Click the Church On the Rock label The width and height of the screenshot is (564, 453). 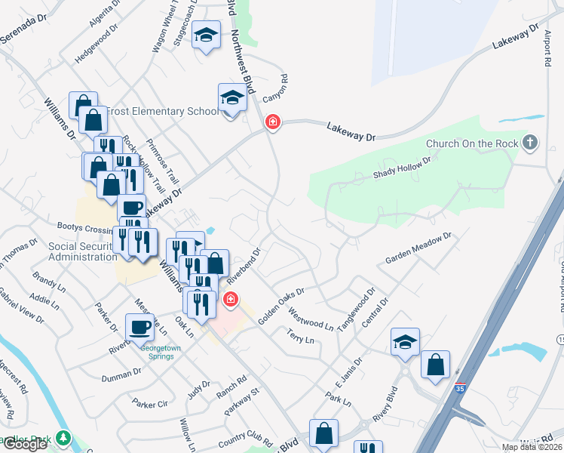pyautogui.click(x=473, y=143)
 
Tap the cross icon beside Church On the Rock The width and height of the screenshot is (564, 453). pyautogui.click(x=530, y=141)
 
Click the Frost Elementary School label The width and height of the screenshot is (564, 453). pyautogui.click(x=162, y=112)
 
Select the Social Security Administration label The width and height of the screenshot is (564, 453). pyautogui.click(x=82, y=251)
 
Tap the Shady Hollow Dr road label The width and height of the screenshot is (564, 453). pyautogui.click(x=402, y=168)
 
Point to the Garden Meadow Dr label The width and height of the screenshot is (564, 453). pyautogui.click(x=418, y=248)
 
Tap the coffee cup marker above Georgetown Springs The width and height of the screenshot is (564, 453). pyautogui.click(x=139, y=327)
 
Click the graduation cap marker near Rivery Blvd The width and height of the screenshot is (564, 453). pyautogui.click(x=405, y=341)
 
